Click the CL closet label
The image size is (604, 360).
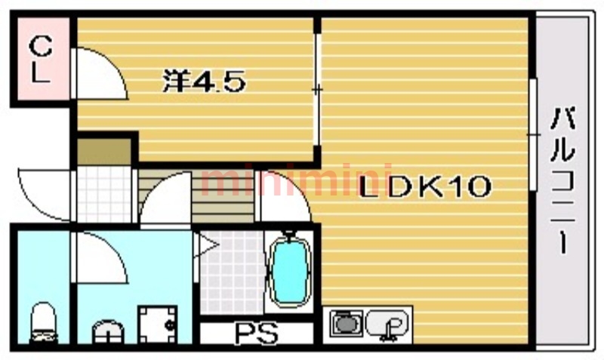(41, 59)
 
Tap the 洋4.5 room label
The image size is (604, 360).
(204, 81)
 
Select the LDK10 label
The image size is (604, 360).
(425, 186)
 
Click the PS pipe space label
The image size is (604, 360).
(257, 333)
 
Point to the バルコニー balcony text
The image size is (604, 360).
(562, 181)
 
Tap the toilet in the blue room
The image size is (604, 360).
(43, 323)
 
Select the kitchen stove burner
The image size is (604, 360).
(347, 324)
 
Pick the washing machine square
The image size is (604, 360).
(158, 325)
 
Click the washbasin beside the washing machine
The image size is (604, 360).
(108, 332)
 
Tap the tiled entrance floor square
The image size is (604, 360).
(104, 195)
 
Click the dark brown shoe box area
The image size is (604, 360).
(104, 152)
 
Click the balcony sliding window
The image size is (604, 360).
(533, 135)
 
